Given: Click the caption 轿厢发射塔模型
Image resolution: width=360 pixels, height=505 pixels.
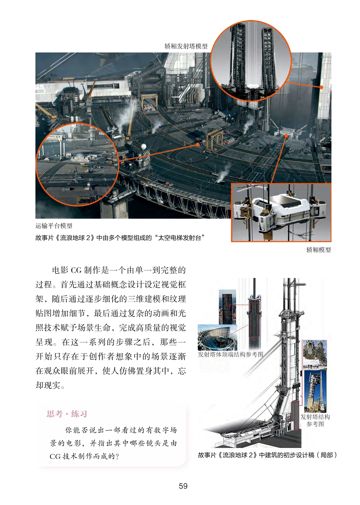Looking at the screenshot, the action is pos(186,46).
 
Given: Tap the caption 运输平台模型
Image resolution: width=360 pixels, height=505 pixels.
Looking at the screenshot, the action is pos(54,226).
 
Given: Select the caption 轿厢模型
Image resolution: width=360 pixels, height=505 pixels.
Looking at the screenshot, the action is pos(319,249).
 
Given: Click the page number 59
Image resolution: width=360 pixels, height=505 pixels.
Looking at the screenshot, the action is pos(183,486).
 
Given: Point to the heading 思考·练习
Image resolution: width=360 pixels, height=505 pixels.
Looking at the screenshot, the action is pos(67,414).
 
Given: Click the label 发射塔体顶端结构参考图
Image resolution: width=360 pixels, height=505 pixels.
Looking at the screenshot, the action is pos(230,354).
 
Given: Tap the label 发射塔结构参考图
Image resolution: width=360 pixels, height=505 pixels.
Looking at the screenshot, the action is pos(315,421).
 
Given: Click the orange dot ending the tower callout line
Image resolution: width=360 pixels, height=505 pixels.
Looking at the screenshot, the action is pos(321,87).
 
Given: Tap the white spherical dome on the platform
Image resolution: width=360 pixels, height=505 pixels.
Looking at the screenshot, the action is pos(143,146).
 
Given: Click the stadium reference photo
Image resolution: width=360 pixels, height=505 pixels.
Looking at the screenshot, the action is pos(217,337).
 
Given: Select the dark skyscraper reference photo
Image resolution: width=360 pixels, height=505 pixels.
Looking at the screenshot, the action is pos(227,307).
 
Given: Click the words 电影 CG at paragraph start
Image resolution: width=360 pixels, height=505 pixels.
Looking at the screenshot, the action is pos(67,270).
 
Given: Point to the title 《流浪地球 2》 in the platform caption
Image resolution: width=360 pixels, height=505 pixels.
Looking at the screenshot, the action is pos(75,238).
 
